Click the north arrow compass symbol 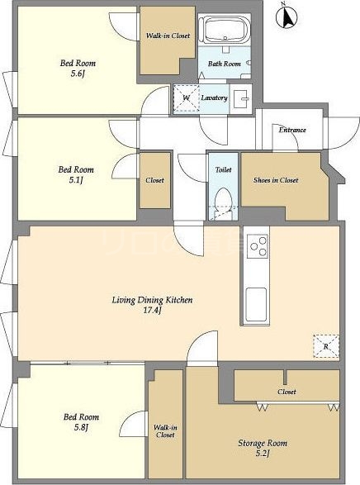pyautogui.click(x=287, y=17)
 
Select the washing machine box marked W pyautogui.click(x=186, y=98)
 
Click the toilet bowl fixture pyautogui.click(x=223, y=200)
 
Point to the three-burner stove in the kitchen pyautogui.click(x=257, y=246)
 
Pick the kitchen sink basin pyautogui.click(x=256, y=305)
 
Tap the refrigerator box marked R pyautogui.click(x=326, y=346)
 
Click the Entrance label pyautogui.click(x=292, y=130)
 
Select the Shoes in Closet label pyautogui.click(x=276, y=180)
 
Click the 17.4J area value pyautogui.click(x=153, y=310)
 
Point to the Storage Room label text pyautogui.click(x=263, y=443)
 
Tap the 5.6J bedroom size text pyautogui.click(x=78, y=74)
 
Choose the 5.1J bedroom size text pyautogui.click(x=76, y=180)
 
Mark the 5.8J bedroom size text pyautogui.click(x=81, y=427)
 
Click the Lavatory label pyautogui.click(x=214, y=97)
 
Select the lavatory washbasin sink pyautogui.click(x=241, y=99)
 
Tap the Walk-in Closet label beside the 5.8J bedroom pyautogui.click(x=165, y=431)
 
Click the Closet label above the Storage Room pyautogui.click(x=287, y=392)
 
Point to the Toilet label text pyautogui.click(x=223, y=169)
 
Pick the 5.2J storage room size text pyautogui.click(x=263, y=454)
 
